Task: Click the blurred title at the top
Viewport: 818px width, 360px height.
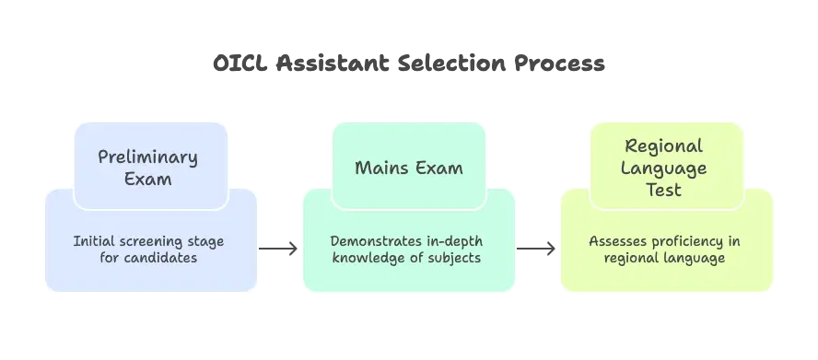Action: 409,65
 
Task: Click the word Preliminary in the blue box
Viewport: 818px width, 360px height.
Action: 147,157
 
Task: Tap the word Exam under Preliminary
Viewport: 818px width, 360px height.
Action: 147,179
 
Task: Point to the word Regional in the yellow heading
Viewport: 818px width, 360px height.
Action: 663,146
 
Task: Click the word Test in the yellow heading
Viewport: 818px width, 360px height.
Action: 663,191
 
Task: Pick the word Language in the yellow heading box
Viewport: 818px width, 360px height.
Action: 663,168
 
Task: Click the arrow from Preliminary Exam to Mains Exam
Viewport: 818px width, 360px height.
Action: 279,247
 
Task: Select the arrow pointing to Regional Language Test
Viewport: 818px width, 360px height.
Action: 537,247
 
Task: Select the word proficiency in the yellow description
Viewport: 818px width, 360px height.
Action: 686,241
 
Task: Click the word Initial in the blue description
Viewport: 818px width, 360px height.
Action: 95,241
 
